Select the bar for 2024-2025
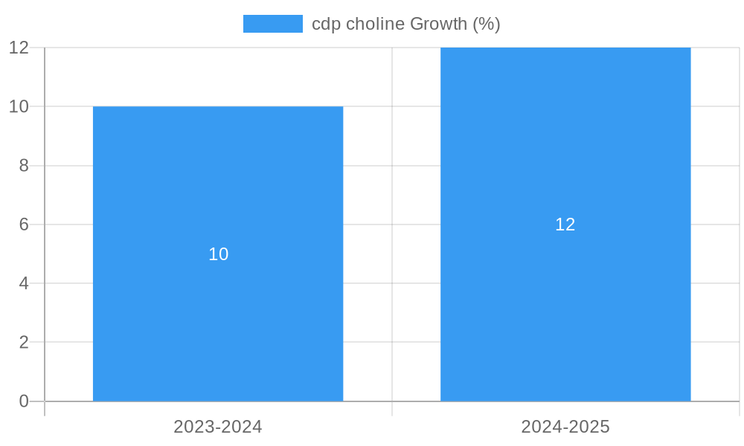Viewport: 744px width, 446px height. pos(565,312)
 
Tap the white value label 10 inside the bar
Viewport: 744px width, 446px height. pos(218,254)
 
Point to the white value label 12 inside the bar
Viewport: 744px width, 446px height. pos(565,224)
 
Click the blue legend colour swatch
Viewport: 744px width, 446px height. pos(272,24)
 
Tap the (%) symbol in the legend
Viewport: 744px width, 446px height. pos(487,24)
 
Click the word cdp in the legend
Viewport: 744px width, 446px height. pos(324,24)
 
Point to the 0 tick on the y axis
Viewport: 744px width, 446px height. pos(24,401)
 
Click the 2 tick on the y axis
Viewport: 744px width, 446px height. pos(24,343)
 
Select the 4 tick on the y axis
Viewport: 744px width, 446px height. pos(24,283)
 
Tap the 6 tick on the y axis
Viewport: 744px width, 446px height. pos(24,224)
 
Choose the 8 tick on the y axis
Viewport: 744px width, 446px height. pos(24,166)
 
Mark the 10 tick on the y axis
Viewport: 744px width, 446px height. pos(19,106)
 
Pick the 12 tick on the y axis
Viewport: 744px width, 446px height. pos(19,48)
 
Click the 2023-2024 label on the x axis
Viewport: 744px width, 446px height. pos(218,427)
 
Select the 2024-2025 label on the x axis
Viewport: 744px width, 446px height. pos(565,427)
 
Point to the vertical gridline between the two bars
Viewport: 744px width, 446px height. pos(392,223)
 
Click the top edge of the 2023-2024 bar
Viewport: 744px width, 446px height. pos(218,106)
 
